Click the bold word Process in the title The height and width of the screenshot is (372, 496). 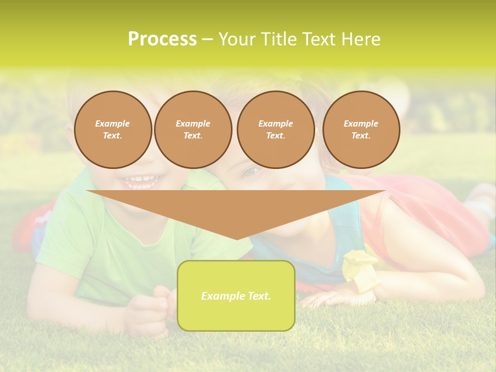[162, 39]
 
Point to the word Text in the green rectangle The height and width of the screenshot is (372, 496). [259, 296]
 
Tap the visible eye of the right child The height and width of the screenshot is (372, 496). [250, 171]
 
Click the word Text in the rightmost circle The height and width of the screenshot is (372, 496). [361, 135]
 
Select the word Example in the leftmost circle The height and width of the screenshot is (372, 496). [113, 123]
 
